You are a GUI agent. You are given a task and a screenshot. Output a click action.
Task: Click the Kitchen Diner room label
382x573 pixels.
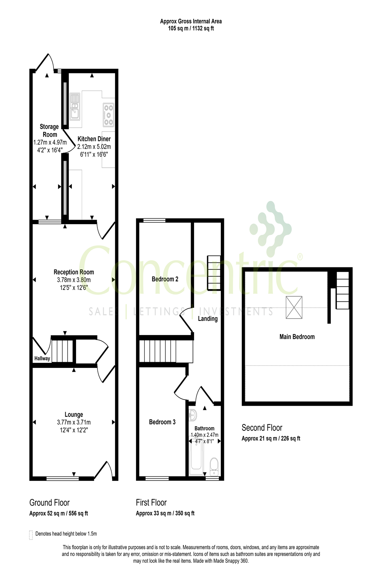point(94,139)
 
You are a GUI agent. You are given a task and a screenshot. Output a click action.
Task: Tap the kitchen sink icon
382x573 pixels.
point(75,106)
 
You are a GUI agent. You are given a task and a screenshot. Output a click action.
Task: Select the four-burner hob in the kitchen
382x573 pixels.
point(108,114)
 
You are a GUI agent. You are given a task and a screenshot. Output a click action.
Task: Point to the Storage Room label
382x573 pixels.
point(50,131)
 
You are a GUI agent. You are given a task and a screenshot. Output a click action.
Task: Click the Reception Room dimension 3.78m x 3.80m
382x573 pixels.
point(74,280)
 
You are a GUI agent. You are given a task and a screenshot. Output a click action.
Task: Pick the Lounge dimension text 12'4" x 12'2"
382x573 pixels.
point(74,430)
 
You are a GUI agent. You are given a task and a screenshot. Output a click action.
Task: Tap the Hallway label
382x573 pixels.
point(42,358)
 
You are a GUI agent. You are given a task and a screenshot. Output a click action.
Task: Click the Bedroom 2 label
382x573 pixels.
point(165,279)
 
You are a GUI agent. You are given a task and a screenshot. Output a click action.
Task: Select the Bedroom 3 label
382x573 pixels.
point(162,422)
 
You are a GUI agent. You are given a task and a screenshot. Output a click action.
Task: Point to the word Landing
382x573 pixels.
point(208,319)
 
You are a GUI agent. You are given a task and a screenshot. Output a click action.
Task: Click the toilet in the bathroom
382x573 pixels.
point(214,465)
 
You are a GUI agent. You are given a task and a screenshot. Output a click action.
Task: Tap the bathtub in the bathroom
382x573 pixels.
point(196,456)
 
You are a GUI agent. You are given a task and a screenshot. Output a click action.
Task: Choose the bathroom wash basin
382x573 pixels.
point(193,414)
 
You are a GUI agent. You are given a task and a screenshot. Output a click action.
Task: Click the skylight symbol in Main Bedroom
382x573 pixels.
point(294,307)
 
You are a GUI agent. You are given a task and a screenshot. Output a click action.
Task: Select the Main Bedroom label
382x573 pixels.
point(297,337)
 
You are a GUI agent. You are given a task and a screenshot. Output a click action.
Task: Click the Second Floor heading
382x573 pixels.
point(262,428)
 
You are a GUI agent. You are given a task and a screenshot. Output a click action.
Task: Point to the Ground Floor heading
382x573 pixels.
point(50,503)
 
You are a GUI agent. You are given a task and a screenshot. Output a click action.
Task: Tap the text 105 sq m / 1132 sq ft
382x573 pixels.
point(191,28)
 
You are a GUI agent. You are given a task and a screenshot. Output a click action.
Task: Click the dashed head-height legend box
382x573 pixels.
point(31,535)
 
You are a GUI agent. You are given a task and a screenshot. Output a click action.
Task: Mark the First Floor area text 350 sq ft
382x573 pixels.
point(185,513)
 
